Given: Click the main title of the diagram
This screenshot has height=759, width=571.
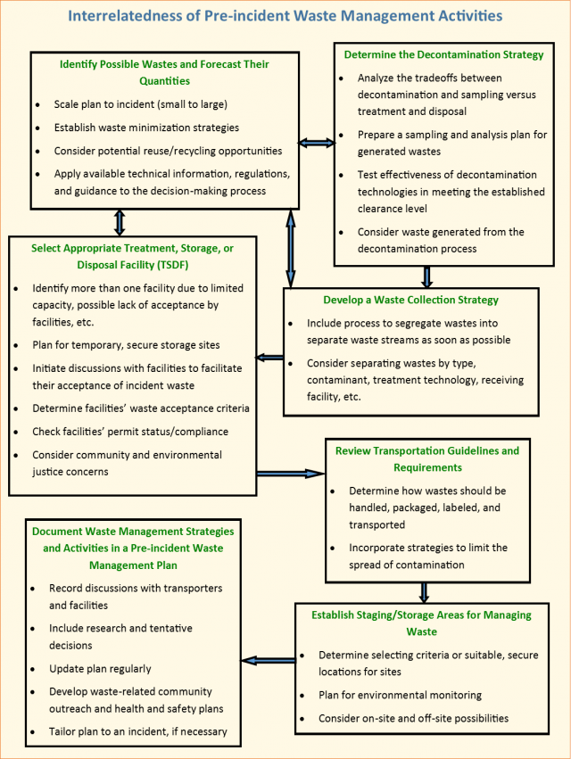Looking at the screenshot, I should pos(285,15).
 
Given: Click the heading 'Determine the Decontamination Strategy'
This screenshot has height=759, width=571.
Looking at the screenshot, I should pos(443,54).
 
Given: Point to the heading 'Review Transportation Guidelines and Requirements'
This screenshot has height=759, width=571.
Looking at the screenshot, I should pos(427,458).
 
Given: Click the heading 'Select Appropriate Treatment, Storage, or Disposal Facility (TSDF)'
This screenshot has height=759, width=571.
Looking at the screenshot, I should pos(132,256).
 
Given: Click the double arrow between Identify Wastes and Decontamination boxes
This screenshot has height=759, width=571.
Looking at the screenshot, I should pos(316,143).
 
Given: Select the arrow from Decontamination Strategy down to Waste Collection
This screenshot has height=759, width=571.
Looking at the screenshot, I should pos(427,276).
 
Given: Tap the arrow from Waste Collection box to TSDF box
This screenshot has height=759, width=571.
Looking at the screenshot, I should pos(269,359).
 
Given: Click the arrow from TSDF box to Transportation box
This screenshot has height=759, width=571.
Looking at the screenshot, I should pos(290,473).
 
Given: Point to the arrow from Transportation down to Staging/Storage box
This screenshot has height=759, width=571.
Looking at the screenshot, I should pos(424,591).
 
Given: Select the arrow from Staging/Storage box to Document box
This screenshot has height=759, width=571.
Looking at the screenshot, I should pos(269,661).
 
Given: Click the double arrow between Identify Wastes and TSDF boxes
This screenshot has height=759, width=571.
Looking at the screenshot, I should pos(120,222).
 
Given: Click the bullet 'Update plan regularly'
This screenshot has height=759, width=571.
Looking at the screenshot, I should pos(100,668).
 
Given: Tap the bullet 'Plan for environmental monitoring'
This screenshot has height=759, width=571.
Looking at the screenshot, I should pos(400,695).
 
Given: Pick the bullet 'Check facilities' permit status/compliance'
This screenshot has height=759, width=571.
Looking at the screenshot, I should pos(130,432).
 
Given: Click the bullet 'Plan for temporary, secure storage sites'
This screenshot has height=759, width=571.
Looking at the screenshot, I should pos(125,344).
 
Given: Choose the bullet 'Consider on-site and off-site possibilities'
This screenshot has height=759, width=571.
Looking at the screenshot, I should pos(413,718).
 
